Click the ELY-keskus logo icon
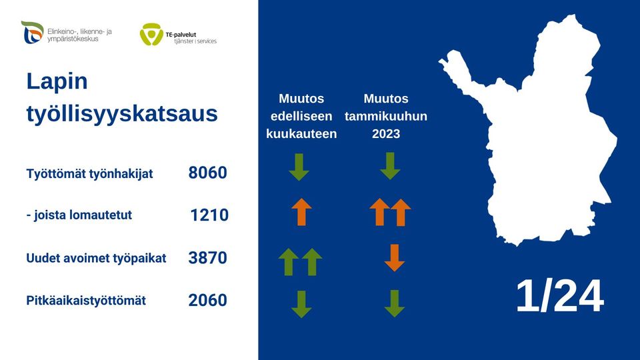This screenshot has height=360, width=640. point(32,32)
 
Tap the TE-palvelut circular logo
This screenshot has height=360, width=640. point(151,34)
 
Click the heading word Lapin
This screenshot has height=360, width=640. point(57,81)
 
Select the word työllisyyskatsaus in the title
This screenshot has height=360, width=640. point(122,113)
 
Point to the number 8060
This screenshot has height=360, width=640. point(207,173)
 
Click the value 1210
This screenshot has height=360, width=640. point(209,215)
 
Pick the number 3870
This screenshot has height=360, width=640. point(207,258)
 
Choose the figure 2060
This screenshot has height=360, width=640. point(207,301)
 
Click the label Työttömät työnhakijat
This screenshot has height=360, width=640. point(89,174)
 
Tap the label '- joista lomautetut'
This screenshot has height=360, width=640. point(79,215)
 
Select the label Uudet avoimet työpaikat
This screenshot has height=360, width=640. point(96,258)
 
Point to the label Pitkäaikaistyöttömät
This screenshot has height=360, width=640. point(86,301)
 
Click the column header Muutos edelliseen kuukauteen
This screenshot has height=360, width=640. point(301,116)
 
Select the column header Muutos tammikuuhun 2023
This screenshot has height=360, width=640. point(386,116)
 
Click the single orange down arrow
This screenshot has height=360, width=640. point(395,257)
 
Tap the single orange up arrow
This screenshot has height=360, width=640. point(301,212)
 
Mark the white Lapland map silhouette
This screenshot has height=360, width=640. point(533,133)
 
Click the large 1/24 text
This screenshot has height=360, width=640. point(559,297)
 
